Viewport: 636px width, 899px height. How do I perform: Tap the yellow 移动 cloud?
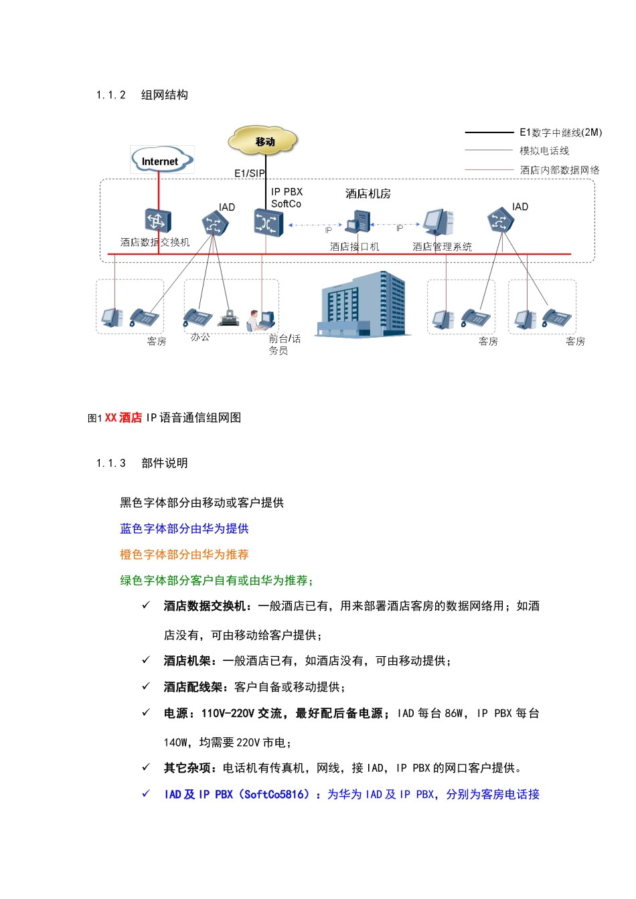264,141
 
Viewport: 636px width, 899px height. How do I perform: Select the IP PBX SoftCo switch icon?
268,223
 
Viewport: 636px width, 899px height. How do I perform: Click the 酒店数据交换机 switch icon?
158,221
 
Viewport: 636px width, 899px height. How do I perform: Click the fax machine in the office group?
230,317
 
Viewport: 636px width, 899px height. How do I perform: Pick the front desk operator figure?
254,320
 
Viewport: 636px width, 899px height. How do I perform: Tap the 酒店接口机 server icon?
358,222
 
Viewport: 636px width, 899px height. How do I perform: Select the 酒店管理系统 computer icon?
439,221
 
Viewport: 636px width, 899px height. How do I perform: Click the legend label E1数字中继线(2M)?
560,132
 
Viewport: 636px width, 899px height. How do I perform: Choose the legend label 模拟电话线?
544,151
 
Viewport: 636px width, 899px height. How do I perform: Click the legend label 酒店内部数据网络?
560,170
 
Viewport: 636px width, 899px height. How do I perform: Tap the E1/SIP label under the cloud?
249,173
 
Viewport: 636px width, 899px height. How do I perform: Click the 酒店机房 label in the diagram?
368,194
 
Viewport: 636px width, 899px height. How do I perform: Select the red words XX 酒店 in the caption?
123,418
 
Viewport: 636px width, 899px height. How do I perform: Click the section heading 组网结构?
165,95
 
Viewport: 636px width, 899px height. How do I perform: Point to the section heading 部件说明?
165,463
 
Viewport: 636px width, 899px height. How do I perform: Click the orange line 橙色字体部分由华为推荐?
184,555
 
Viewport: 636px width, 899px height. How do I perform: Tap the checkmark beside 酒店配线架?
146,686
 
